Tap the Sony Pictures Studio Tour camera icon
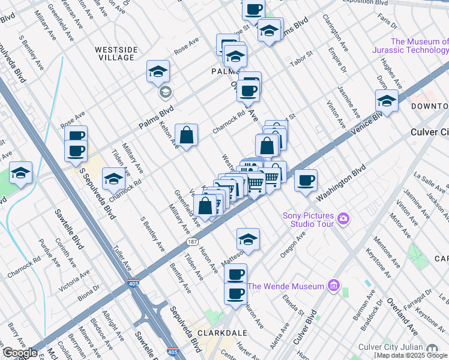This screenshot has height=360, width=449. (x=343, y=218)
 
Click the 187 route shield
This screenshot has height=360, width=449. (x=191, y=242)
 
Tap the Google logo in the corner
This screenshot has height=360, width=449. (x=20, y=353)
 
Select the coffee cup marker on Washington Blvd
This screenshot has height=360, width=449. (x=306, y=179)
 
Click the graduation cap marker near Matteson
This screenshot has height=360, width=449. (x=248, y=239)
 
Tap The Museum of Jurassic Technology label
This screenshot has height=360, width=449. (x=419, y=46)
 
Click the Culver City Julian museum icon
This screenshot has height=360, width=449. (x=432, y=348)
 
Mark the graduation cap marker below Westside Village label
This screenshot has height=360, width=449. (x=158, y=71)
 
